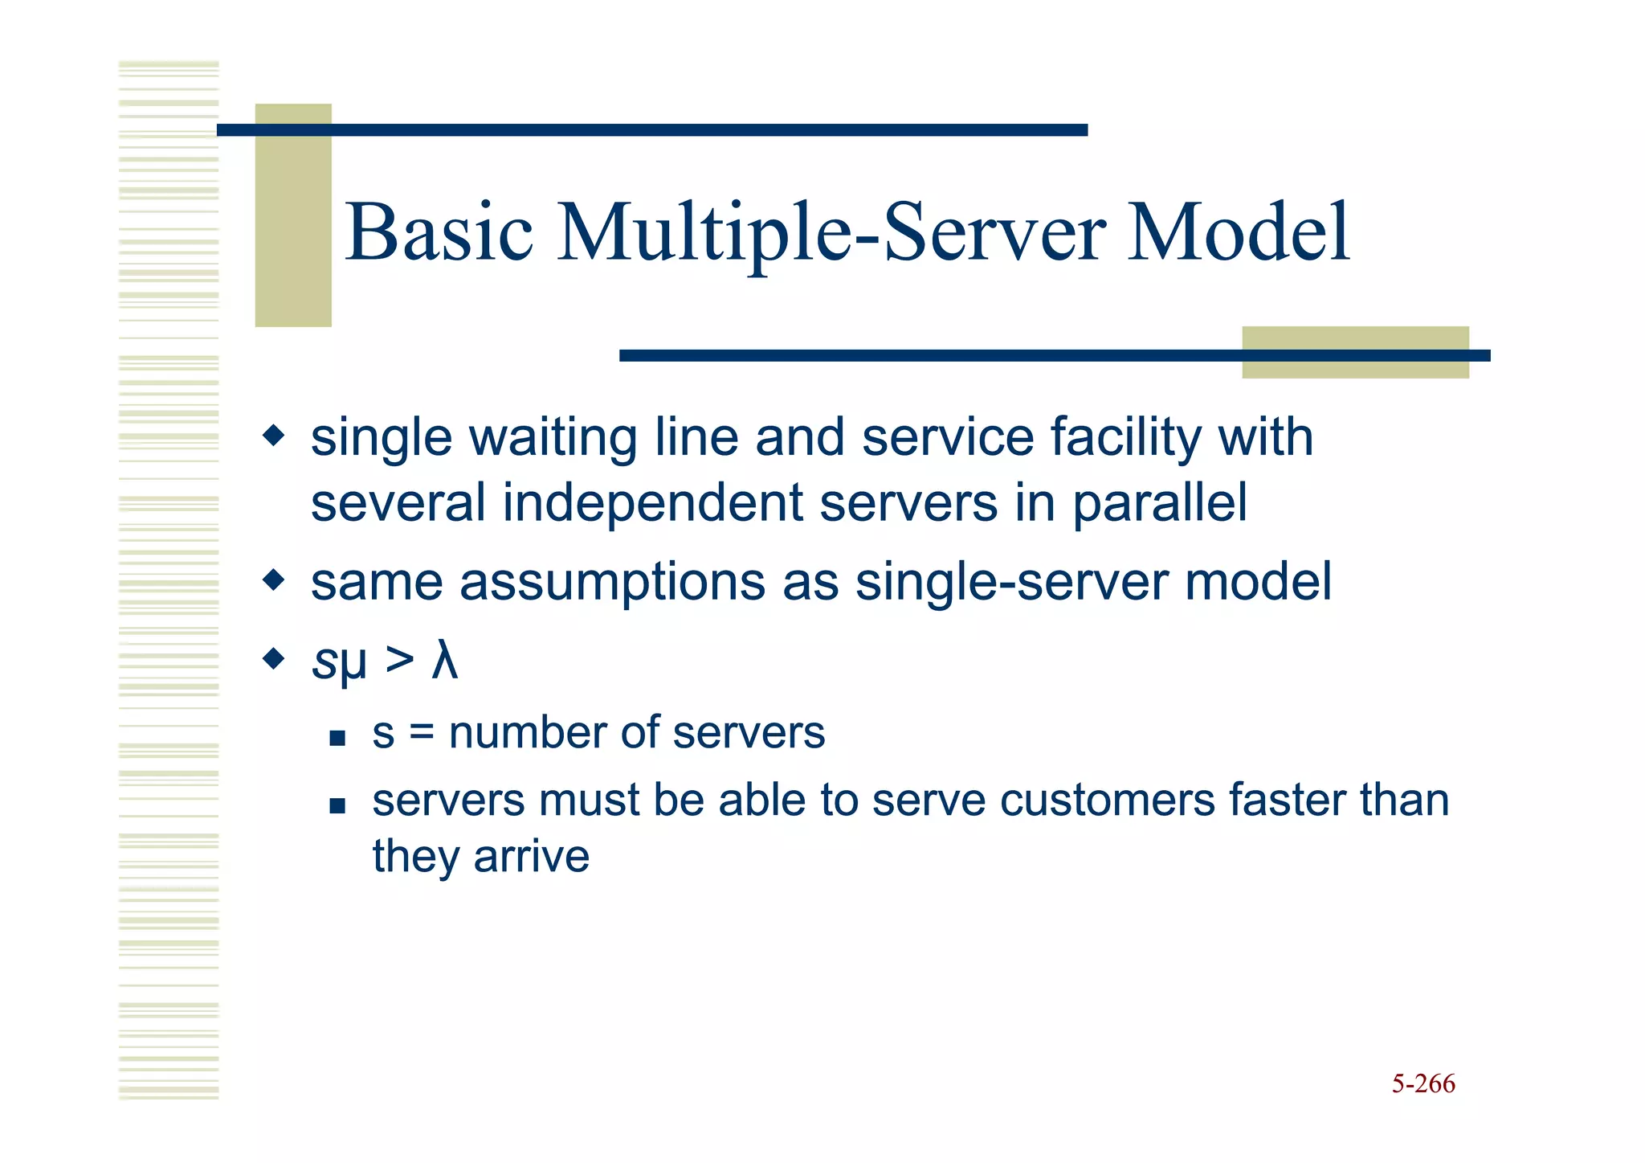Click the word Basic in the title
439,232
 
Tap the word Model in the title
1238,232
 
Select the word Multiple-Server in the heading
831,234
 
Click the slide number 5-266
1423,1083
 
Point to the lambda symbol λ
444,661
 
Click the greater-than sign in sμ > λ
399,661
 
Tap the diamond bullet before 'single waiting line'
274,436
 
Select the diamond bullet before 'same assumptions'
274,579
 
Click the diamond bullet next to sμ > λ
274,660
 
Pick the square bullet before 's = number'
337,738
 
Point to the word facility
1125,438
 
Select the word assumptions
612,582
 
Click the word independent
652,504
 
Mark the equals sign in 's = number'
422,733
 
